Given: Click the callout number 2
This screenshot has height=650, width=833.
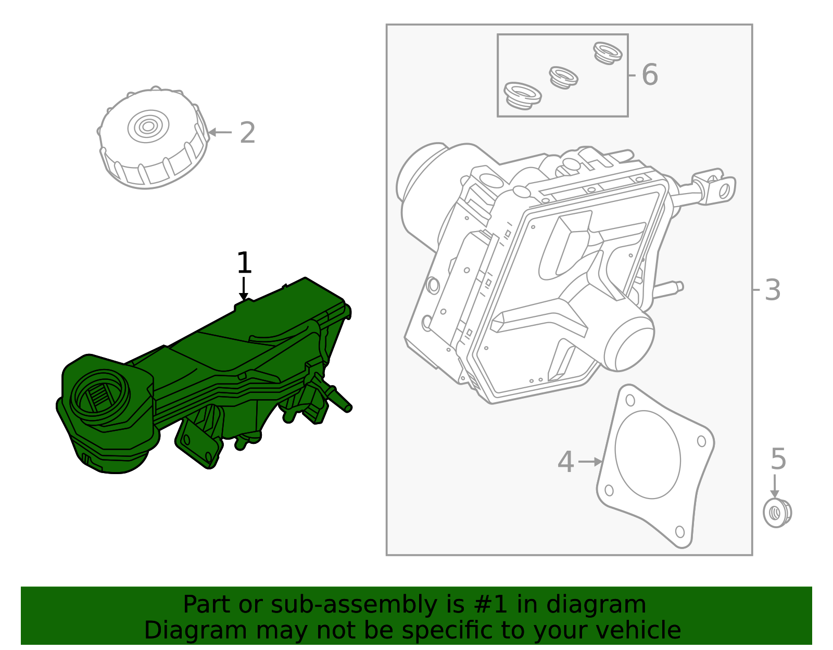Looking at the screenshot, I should coord(248,133).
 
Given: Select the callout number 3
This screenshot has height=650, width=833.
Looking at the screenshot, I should coord(773,290).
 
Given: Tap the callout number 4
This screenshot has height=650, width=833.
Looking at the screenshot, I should coord(565,462).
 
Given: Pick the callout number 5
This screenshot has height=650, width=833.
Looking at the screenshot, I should coord(778,459).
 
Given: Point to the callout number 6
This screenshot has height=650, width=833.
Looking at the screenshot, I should coord(649,74).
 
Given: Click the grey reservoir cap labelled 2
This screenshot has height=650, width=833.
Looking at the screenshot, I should coord(152,138).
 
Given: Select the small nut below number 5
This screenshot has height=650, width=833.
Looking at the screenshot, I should coord(777,513).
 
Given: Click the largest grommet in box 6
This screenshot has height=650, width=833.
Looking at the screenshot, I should coord(522,96).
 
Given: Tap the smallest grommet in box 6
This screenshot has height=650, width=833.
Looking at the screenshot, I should coord(608,53).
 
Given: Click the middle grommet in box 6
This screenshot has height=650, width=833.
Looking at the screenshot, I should coord(563,78).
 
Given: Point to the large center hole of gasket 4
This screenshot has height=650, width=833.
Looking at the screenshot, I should coord(647,454).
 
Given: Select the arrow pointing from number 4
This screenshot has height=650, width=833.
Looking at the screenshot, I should coord(590,462).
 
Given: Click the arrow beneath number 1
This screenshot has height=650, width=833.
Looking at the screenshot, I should coord(243,289).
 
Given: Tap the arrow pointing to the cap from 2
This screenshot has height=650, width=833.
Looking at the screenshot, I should coord(220,132).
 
